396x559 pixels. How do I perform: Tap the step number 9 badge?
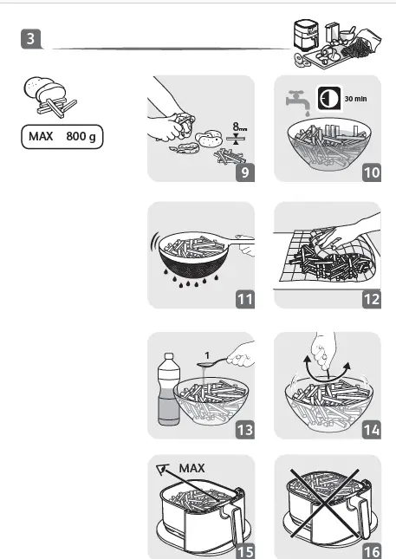coord(245,172)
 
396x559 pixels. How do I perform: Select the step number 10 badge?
coord(371,172)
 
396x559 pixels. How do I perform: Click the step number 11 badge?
coord(245,299)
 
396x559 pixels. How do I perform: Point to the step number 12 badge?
coord(371,299)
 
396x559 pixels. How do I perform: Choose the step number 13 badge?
coord(245,427)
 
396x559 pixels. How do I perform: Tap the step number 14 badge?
coord(371,427)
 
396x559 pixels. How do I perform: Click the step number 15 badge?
coord(245,549)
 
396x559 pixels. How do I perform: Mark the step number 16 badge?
coord(371,549)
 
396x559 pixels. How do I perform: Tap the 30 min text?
coord(356,98)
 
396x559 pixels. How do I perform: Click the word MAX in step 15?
coord(192,468)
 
